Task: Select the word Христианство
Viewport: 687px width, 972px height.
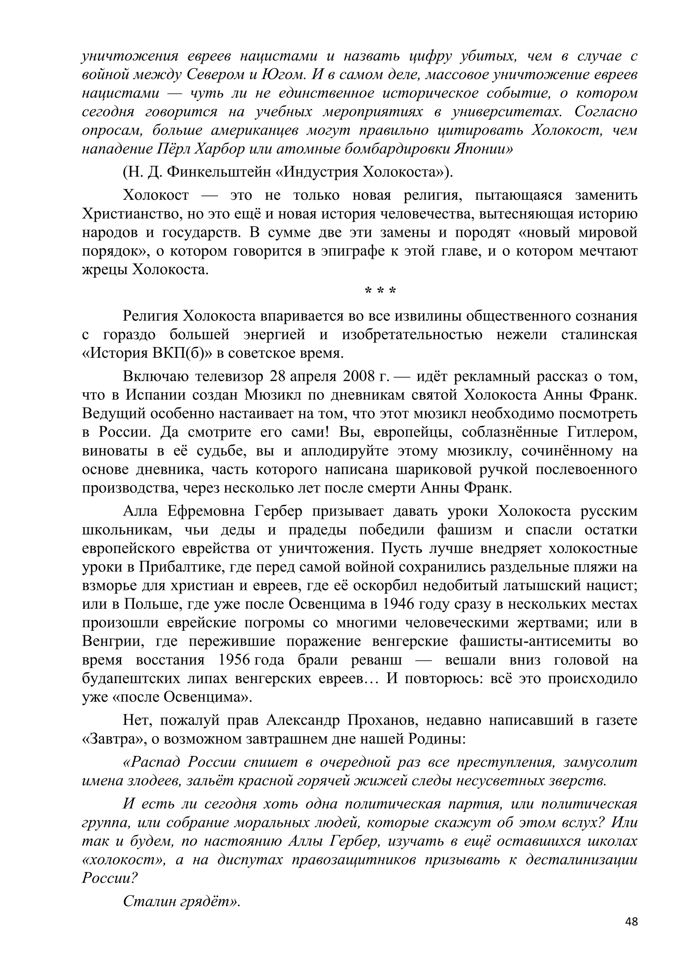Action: (x=131, y=214)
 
